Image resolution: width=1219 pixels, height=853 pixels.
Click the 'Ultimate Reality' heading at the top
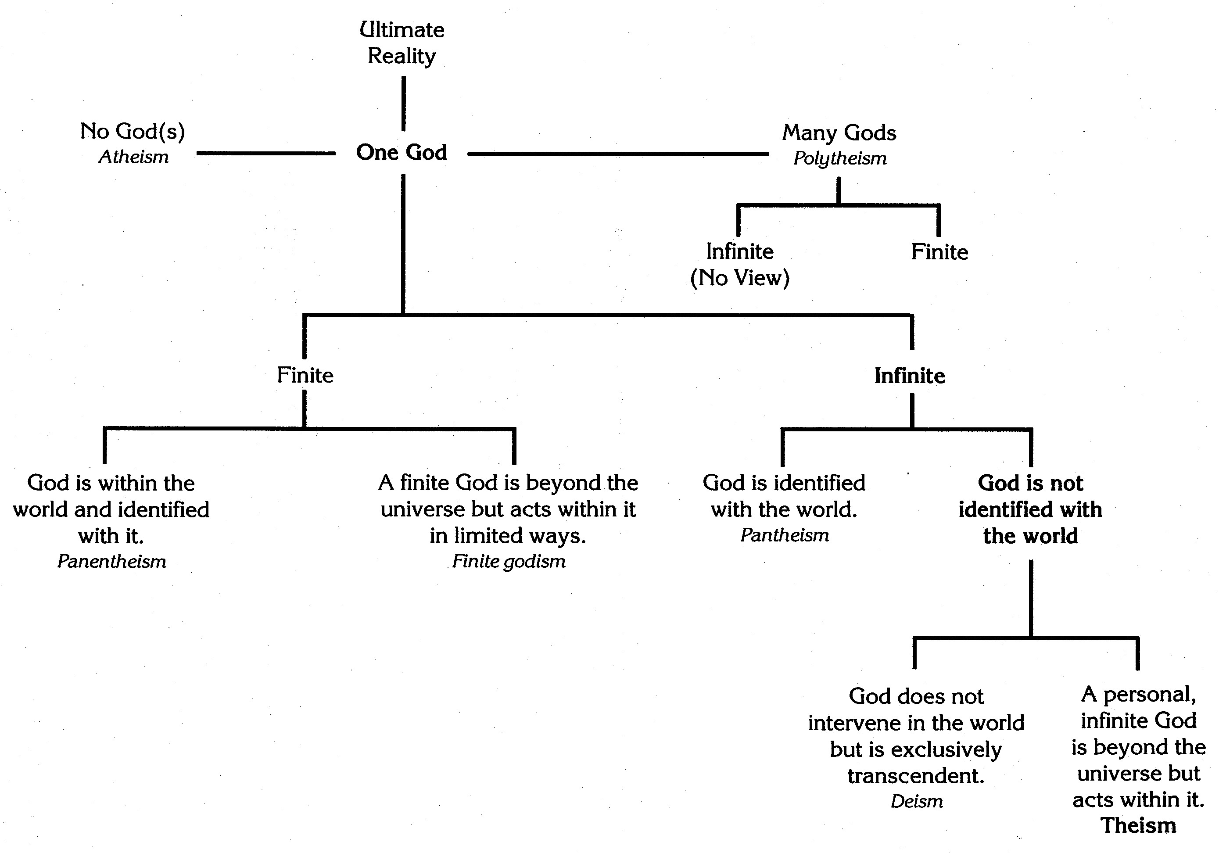click(402, 43)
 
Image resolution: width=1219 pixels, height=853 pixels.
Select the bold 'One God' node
click(402, 152)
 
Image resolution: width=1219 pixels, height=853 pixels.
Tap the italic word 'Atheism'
click(134, 157)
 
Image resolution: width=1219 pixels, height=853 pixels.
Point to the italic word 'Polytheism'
click(840, 158)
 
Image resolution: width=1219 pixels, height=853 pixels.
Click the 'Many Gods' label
click(839, 133)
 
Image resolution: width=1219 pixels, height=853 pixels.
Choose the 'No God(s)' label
click(133, 131)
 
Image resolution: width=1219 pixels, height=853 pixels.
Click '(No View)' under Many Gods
click(739, 278)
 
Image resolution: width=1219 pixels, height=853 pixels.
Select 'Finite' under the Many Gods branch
click(939, 251)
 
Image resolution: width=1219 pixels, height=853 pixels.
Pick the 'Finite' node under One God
click(305, 375)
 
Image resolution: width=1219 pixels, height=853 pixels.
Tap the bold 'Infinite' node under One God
click(910, 376)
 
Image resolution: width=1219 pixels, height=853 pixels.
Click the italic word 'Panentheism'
click(111, 562)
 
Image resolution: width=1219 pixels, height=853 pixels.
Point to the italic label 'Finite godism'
click(509, 562)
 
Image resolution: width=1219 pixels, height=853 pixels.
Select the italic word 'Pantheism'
click(785, 535)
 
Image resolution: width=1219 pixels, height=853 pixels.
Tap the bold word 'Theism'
click(1138, 825)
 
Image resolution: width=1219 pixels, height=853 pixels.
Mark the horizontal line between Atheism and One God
click(265, 154)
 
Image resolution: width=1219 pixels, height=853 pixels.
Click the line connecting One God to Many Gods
click(617, 154)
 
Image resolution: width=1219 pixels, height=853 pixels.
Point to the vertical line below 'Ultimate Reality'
click(404, 104)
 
